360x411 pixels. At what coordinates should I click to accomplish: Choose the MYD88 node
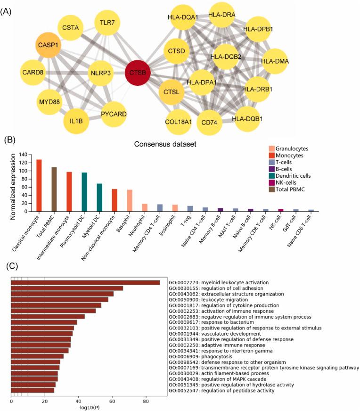[49, 101]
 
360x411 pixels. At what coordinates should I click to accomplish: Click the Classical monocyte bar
[39, 186]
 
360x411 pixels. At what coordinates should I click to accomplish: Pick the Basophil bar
[129, 201]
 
